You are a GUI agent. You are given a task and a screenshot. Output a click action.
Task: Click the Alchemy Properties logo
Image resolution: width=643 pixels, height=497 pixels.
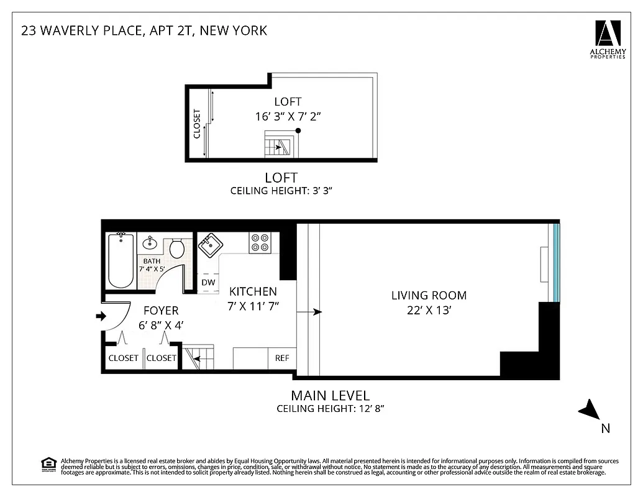(608, 37)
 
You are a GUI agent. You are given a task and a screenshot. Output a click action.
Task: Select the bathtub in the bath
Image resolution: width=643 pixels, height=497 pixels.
(120, 260)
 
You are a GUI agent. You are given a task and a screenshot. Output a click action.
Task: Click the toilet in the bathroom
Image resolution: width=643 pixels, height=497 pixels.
(177, 248)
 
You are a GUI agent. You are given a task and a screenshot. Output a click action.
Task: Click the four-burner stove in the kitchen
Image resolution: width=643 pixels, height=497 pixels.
(260, 242)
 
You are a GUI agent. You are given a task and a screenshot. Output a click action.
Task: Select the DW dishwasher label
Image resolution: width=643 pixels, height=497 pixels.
(208, 283)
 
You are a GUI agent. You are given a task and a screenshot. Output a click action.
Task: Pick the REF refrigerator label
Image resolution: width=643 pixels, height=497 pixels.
(282, 358)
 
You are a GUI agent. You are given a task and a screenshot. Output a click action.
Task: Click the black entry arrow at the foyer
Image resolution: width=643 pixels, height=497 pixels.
(100, 317)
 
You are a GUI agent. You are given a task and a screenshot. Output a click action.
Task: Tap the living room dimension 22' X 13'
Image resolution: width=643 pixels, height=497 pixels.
(429, 310)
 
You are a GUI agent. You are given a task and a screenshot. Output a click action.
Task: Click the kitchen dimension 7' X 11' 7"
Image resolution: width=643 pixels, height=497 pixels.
(253, 306)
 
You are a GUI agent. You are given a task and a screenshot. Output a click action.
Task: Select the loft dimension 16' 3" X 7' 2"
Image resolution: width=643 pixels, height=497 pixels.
(288, 116)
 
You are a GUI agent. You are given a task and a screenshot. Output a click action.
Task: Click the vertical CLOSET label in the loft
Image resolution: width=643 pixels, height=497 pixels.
(198, 124)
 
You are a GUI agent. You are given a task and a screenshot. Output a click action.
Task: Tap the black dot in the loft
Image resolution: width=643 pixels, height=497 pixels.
(298, 130)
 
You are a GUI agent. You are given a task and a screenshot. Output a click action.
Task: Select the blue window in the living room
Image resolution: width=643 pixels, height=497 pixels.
(557, 262)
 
